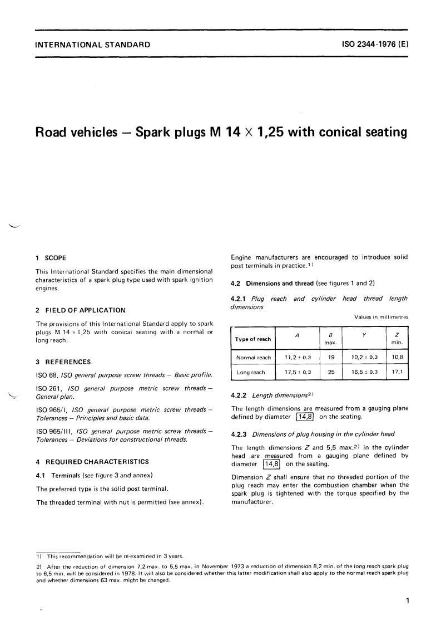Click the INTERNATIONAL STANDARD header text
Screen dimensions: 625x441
[92, 45]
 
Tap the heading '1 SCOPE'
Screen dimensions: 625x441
[51, 258]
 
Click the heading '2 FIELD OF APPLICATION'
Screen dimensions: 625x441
[81, 310]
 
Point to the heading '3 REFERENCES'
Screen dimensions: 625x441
[63, 362]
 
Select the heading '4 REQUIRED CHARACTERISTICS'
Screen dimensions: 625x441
[92, 461]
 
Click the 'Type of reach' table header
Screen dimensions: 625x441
[253, 339]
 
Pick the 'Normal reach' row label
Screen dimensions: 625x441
[254, 358]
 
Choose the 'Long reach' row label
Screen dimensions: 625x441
[251, 372]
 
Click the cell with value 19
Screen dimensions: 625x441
[331, 358]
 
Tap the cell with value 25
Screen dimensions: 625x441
[331, 372]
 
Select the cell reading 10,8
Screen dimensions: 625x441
[397, 358]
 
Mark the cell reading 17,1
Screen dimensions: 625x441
[397, 372]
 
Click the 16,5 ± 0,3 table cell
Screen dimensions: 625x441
[364, 372]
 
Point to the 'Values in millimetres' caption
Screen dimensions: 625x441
[381, 317]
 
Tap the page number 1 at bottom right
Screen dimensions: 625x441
[408, 600]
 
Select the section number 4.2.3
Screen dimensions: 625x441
[240, 434]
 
